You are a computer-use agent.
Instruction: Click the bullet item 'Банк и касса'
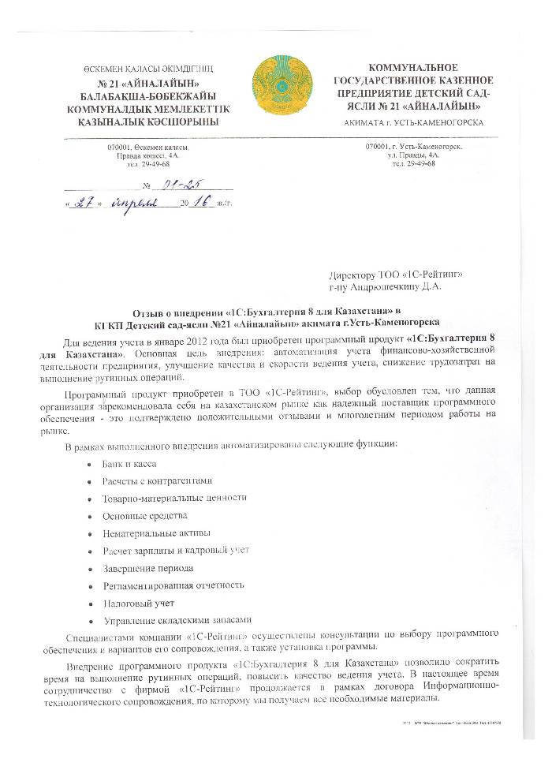(x=131, y=464)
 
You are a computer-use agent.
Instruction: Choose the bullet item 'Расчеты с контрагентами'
(x=158, y=481)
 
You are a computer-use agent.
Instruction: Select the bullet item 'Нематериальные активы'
(x=155, y=533)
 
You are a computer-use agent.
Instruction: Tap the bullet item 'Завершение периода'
(x=147, y=568)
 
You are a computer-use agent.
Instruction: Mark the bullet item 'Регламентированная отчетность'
(x=173, y=585)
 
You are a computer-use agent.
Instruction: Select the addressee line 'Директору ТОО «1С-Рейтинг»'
(x=395, y=275)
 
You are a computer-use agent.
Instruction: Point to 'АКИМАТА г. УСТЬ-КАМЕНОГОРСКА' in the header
(x=415, y=123)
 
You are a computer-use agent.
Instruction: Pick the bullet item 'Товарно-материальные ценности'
(x=174, y=499)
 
